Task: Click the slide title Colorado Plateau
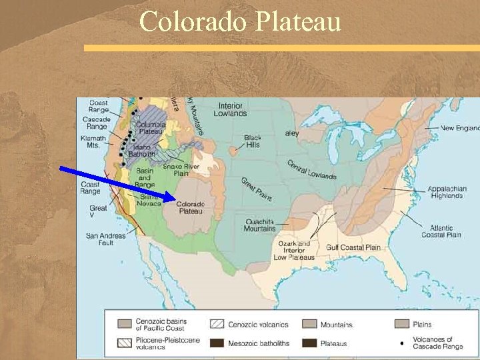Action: click(x=240, y=21)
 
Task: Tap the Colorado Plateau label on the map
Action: click(x=191, y=207)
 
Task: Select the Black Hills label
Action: click(x=253, y=142)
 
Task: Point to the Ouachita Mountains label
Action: click(x=259, y=225)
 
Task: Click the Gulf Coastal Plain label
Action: click(x=353, y=247)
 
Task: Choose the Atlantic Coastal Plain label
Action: click(x=441, y=231)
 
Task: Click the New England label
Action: click(x=459, y=128)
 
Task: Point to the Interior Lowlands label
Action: click(x=231, y=109)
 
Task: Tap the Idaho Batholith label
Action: click(x=141, y=151)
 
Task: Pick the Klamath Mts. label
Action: click(x=93, y=141)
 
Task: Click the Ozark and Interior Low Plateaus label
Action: click(x=294, y=251)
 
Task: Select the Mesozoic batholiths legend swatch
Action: click(x=217, y=343)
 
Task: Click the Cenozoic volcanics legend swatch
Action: click(x=217, y=325)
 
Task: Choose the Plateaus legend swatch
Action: click(x=309, y=343)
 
